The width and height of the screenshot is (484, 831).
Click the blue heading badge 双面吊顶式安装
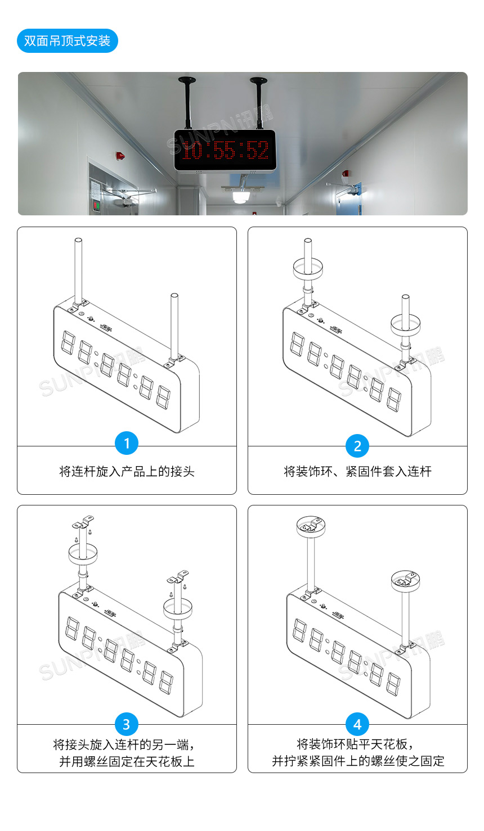[67, 41]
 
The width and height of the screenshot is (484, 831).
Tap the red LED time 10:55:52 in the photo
[225, 151]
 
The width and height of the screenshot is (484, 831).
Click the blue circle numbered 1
[127, 444]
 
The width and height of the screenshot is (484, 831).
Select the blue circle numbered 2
[357, 446]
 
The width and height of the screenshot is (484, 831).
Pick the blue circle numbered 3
[127, 724]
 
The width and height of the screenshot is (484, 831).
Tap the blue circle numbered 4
[357, 724]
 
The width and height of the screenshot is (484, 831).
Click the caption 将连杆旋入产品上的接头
[127, 472]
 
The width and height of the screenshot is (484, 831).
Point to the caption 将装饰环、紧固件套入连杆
[357, 472]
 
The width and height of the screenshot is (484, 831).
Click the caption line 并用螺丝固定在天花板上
[127, 761]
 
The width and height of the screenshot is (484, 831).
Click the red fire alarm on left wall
[119, 155]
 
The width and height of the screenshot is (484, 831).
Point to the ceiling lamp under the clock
[242, 197]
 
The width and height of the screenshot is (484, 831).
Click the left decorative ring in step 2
[308, 268]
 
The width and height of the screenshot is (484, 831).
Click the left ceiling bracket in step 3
[83, 523]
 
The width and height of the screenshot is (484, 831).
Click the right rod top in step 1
[174, 296]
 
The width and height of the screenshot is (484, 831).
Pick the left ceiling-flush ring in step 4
[312, 526]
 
